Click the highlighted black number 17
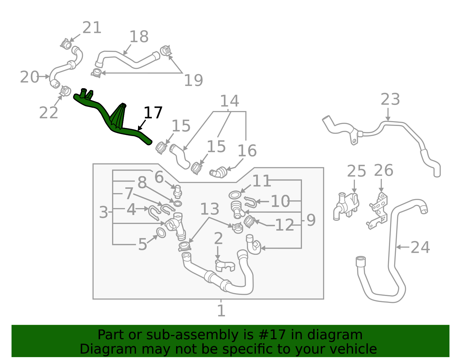(153, 113)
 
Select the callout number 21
(92, 28)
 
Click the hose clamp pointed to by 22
(66, 91)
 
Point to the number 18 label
(139, 37)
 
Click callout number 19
(193, 80)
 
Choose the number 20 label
(29, 77)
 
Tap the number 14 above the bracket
(229, 101)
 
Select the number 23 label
(390, 99)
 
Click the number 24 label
(420, 247)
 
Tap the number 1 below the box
(221, 311)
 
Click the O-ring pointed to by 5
(161, 233)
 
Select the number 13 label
(209, 209)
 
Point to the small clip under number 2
(225, 265)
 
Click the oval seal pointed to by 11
(235, 195)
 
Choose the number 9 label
(311, 220)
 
